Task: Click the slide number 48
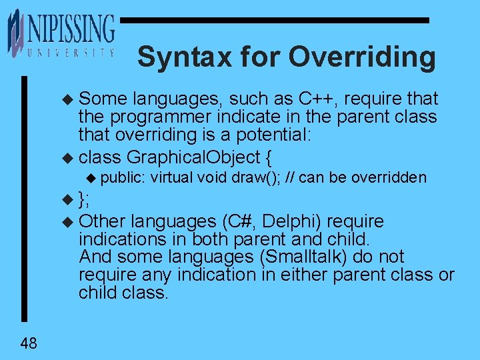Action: click(x=29, y=343)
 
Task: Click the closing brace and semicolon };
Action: click(x=84, y=199)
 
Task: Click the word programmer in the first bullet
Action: click(x=153, y=117)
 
